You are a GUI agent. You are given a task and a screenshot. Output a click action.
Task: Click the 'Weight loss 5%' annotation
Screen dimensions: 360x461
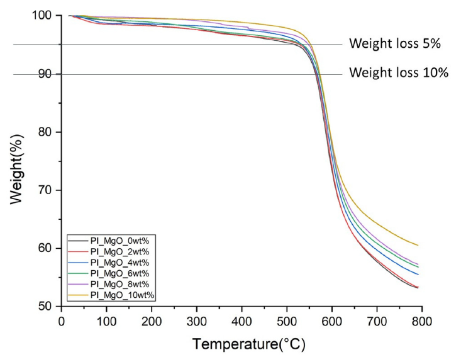(396, 44)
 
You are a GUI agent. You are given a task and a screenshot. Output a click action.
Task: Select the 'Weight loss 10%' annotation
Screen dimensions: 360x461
(399, 73)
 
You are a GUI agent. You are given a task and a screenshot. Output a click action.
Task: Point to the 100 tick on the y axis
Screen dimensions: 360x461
(42, 15)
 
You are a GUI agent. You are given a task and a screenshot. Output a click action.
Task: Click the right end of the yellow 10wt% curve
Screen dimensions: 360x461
(418, 245)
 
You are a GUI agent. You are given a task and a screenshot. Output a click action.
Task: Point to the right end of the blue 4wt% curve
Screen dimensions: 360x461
(418, 274)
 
